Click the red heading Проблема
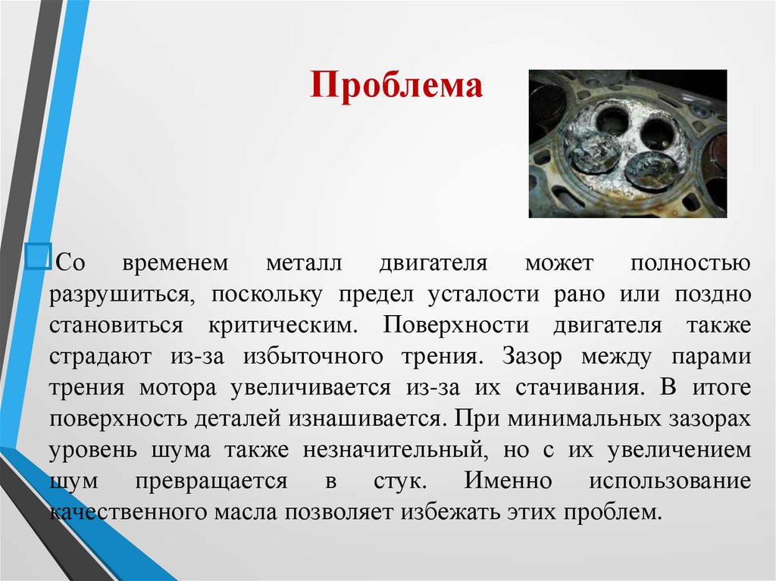pos(396,86)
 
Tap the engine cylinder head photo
pos(627,143)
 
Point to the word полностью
pos(690,264)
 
